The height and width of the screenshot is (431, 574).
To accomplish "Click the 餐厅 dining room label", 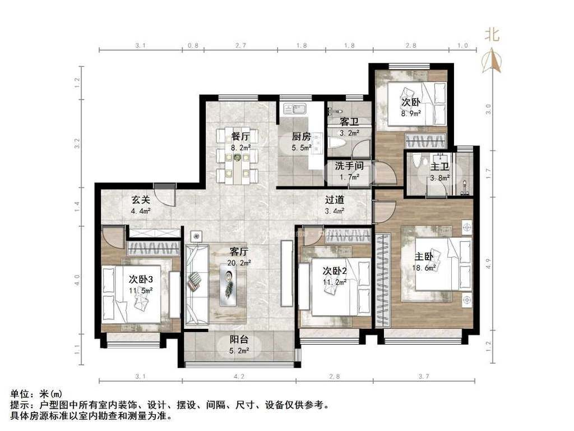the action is pos(240,136).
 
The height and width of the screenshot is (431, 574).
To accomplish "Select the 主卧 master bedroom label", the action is pos(424,256).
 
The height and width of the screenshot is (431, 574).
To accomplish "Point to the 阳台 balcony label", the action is pos(239,340).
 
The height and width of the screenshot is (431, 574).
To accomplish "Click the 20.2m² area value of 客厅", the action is pos(239,263).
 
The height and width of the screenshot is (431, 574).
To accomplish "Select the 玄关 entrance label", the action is pos(141,200).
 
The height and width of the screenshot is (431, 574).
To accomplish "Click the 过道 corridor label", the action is pos(335,200).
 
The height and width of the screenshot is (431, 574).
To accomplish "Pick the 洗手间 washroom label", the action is pos(349,166).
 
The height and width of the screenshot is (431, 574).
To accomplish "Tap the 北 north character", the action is pos(492,35).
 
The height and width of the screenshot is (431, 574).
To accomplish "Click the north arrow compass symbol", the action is pos(491,61).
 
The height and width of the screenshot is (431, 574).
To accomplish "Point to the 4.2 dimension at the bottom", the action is pos(239,376).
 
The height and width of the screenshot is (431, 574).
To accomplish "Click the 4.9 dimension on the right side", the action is pos(488,263).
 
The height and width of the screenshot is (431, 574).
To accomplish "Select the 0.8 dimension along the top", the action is pos(193,45).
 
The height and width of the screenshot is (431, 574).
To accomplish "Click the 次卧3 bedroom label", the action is pos(141,279).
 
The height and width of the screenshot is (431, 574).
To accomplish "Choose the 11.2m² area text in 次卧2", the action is pos(335,282).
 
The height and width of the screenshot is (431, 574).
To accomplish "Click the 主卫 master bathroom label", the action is pos(439,167).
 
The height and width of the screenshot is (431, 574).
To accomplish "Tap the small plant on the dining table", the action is pos(238,158).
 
